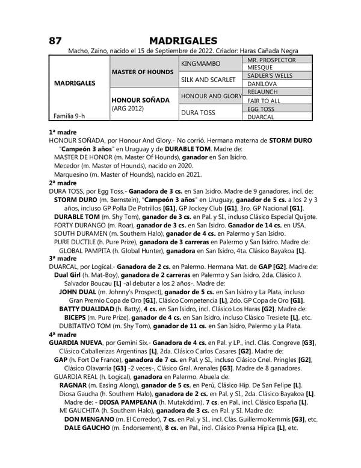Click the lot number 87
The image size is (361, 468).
pyautogui.click(x=56, y=40)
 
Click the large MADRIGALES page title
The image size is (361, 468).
pyautogui.click(x=180, y=40)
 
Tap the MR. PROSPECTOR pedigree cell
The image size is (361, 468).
pyautogui.click(x=271, y=60)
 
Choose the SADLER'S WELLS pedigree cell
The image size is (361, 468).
pyautogui.click(x=271, y=75)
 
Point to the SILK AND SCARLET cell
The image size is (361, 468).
pyautogui.click(x=207, y=80)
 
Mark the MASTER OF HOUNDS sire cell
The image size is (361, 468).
pyautogui.click(x=143, y=72)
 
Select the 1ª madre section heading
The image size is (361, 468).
pyautogui.click(x=63, y=131)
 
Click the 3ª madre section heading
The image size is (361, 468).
pyautogui.click(x=63, y=258)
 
